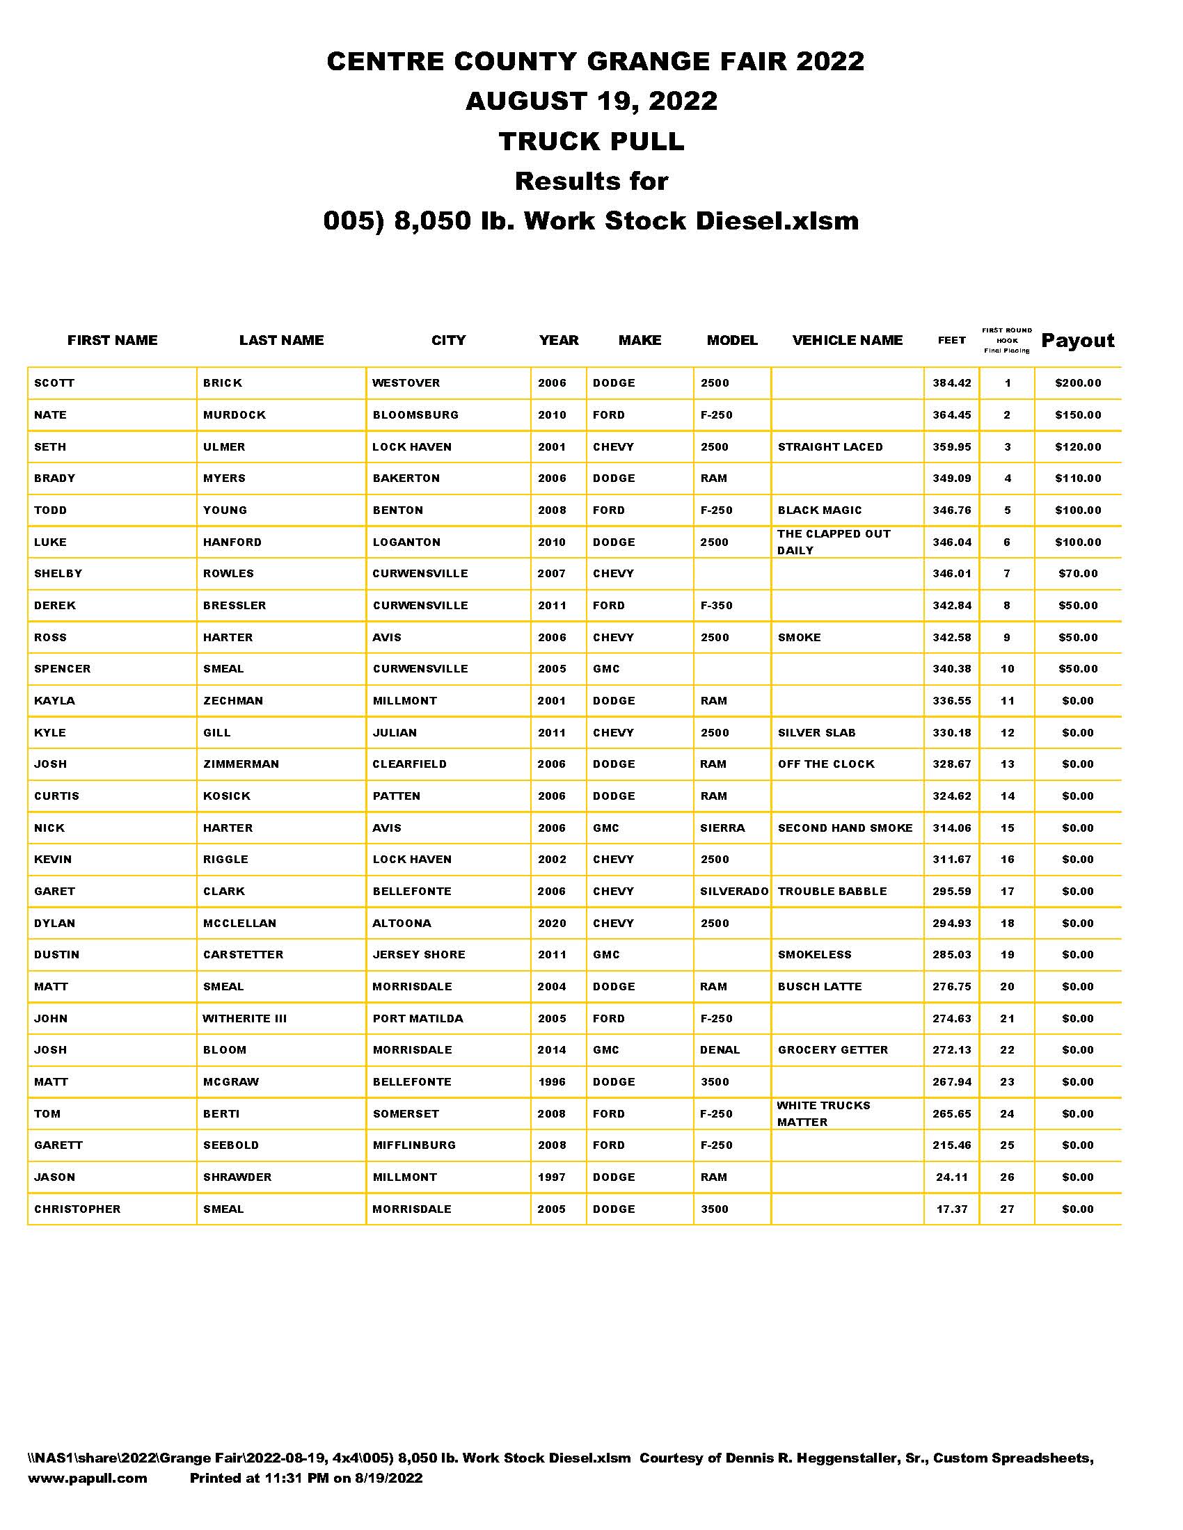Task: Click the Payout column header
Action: (x=1077, y=341)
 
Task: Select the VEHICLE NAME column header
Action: (x=847, y=341)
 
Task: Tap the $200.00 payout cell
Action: (x=1077, y=383)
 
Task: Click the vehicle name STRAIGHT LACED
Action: (x=829, y=447)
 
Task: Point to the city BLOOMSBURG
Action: (x=415, y=414)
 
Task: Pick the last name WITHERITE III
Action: (x=244, y=1019)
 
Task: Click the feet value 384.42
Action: (x=951, y=383)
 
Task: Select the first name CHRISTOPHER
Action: (x=77, y=1209)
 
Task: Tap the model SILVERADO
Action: (x=733, y=891)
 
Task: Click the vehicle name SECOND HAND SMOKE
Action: (x=845, y=828)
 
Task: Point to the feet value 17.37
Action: (x=951, y=1209)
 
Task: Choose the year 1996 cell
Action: (x=552, y=1081)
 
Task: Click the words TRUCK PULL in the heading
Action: (x=591, y=141)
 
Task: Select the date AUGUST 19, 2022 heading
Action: (x=591, y=101)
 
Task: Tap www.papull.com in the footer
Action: (x=88, y=1478)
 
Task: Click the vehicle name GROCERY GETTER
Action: (x=832, y=1050)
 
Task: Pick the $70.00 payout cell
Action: (x=1077, y=574)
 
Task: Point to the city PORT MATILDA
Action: (x=418, y=1019)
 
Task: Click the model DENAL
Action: (x=720, y=1050)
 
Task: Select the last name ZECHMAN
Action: (x=232, y=700)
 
